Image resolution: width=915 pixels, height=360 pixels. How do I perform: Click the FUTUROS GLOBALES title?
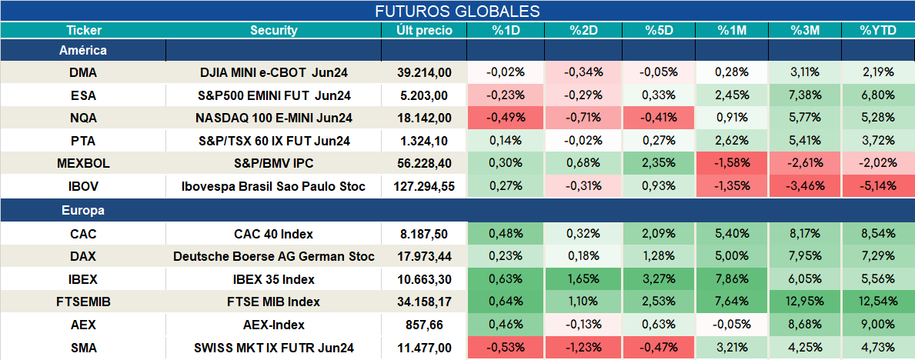coord(457,11)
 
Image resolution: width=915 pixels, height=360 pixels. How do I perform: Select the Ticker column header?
coord(83,31)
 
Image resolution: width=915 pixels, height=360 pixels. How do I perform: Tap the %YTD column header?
coord(877,31)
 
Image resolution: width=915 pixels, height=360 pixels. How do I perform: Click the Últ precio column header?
coord(424,31)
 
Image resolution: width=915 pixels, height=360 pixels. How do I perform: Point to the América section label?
coord(83,50)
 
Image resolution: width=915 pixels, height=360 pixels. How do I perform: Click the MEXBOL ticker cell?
coord(83,164)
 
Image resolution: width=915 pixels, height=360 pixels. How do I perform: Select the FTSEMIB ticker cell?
coord(83,302)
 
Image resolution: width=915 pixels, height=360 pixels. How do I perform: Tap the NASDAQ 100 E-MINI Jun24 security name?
coord(274,118)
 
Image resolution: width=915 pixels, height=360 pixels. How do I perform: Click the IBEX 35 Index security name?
coord(274,279)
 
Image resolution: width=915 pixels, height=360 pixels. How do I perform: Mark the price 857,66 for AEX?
coord(424,325)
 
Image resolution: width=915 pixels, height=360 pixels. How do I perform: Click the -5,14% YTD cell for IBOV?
coord(877,187)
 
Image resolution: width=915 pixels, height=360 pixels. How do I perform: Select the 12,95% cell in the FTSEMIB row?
coord(805,302)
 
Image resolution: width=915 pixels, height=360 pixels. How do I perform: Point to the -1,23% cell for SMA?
coord(583,348)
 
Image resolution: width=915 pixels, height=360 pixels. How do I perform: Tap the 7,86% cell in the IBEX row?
coord(732,279)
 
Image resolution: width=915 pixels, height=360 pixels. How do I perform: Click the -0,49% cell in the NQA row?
coord(506,118)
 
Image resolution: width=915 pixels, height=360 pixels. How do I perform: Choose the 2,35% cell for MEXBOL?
coord(658,164)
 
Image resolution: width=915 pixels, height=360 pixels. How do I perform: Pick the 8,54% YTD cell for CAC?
coord(877,234)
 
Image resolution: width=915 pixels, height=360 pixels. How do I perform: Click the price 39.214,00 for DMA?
coord(424,72)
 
